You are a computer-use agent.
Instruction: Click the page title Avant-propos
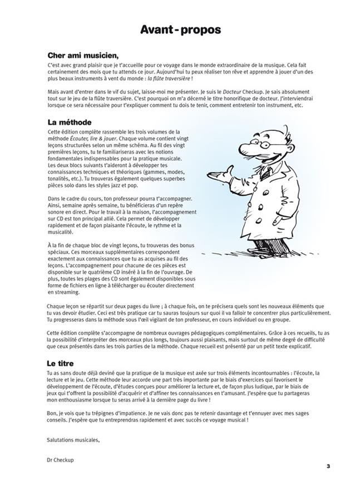180,29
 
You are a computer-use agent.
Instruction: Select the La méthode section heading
70,121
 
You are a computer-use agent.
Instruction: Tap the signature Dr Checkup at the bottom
62,460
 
